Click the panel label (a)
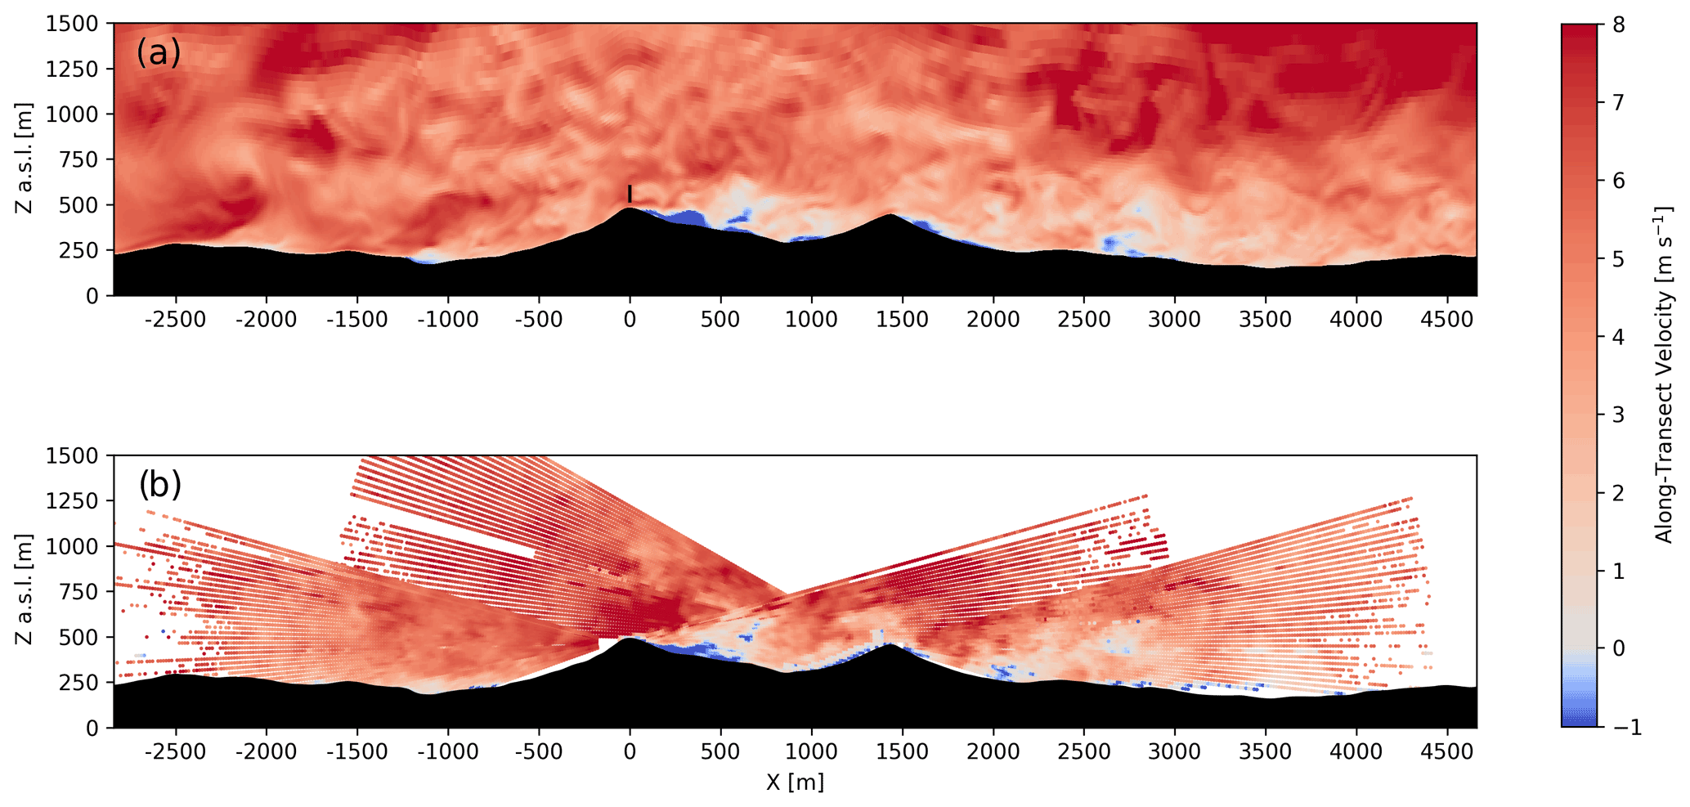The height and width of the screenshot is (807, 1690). pyautogui.click(x=159, y=53)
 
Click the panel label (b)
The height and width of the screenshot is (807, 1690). pyautogui.click(x=160, y=485)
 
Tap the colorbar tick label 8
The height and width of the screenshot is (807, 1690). pyautogui.click(x=1618, y=25)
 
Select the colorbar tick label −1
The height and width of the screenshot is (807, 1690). pyautogui.click(x=1624, y=727)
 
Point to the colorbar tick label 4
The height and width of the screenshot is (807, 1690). pyautogui.click(x=1618, y=337)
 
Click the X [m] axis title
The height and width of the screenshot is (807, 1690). pyautogui.click(x=795, y=783)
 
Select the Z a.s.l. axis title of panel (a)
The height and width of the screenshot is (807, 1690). pyautogui.click(x=25, y=159)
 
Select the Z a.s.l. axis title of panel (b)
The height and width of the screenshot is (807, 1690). pyautogui.click(x=25, y=590)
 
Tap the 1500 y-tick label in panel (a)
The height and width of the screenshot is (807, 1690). pyautogui.click(x=72, y=25)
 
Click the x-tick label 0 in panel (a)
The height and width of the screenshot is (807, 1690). pyautogui.click(x=630, y=320)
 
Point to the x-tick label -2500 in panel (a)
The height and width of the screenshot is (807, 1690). pyautogui.click(x=175, y=320)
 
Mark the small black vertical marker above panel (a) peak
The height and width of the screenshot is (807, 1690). pyautogui.click(x=630, y=194)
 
